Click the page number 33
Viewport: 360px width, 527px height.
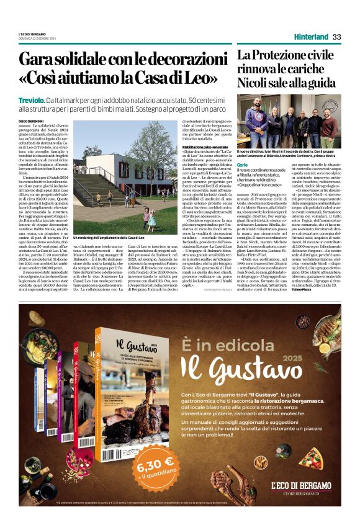pyautogui.click(x=337, y=37)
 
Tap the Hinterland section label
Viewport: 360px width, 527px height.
pyautogui.click(x=309, y=37)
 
